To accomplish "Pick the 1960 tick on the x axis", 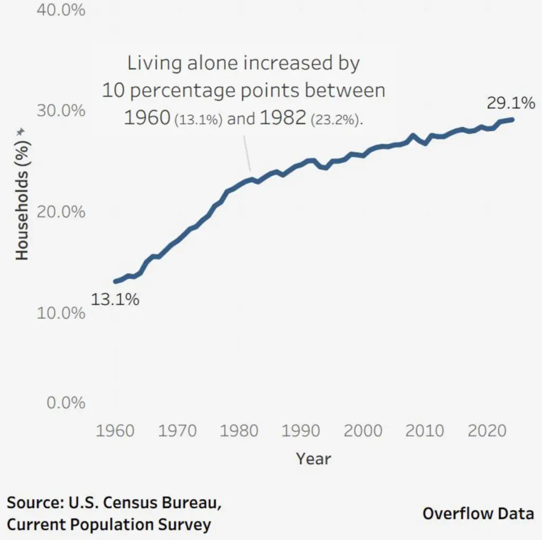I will coord(115,431).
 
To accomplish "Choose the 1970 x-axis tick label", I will coord(177,431).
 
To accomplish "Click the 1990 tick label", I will coord(301,431).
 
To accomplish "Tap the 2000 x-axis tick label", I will coord(363,431).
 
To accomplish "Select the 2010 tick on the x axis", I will coord(425,431).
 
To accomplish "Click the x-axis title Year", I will coord(314,458).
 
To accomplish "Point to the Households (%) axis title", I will coord(21,196).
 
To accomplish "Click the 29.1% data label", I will coord(511,103).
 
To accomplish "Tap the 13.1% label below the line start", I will coord(115,300).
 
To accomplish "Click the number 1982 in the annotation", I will coord(283,118).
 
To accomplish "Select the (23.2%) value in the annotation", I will coord(337,120).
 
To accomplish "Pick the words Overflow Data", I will coord(478,513).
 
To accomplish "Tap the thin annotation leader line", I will coord(247,154).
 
